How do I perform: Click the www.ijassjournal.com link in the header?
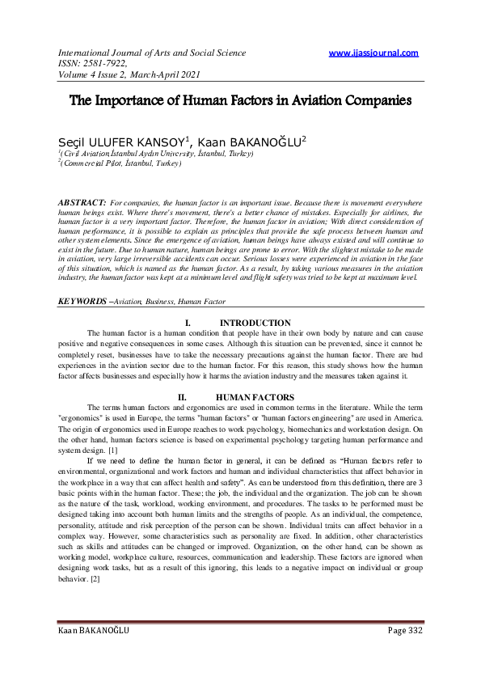point(374,53)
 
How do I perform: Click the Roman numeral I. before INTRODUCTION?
point(188,323)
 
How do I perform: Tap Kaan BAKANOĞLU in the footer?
point(93,653)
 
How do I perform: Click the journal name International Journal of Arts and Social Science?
point(151,53)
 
